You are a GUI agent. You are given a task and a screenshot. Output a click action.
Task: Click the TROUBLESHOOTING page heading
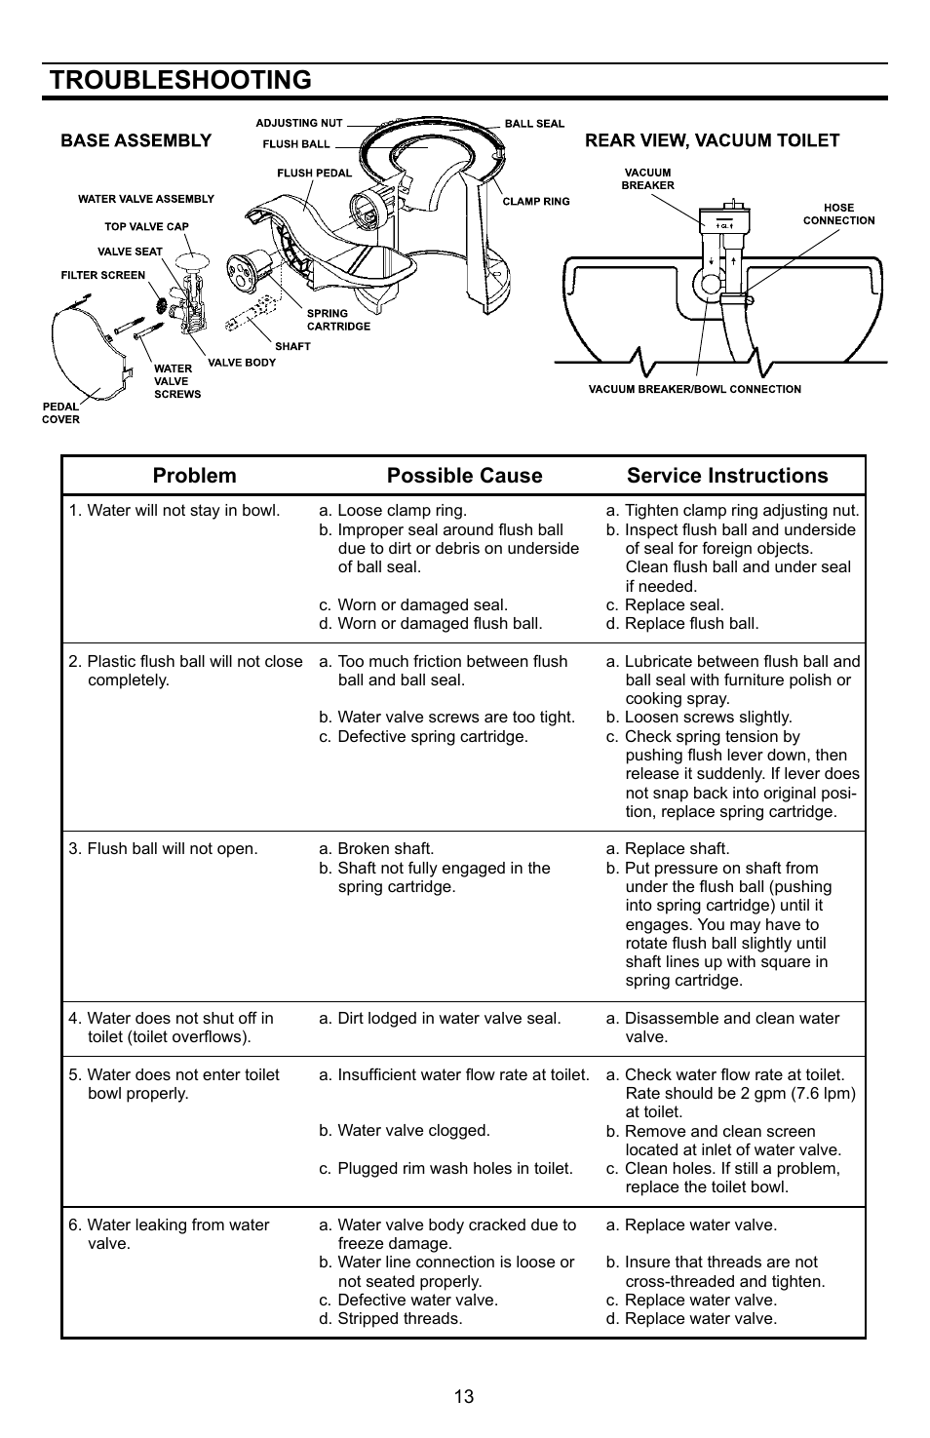[179, 80]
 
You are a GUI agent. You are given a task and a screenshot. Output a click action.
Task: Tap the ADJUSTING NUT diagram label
[299, 123]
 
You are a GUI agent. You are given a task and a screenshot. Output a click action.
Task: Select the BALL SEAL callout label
[534, 124]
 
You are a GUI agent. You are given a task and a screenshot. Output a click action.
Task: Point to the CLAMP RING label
[535, 202]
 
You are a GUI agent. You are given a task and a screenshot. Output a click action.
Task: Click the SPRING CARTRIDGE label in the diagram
[338, 320]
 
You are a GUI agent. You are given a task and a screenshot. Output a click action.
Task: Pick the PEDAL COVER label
[60, 413]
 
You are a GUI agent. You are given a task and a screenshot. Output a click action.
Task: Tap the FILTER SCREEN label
[102, 275]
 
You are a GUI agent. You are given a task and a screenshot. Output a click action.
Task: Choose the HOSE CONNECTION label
[838, 214]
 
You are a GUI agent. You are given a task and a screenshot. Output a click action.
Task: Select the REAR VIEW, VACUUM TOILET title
[712, 140]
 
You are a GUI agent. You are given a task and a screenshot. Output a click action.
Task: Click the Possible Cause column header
[464, 476]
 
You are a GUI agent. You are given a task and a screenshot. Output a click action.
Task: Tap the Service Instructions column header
[727, 476]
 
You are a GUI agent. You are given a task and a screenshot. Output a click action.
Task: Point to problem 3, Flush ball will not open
[164, 849]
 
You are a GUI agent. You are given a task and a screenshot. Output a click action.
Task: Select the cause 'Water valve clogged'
[405, 1131]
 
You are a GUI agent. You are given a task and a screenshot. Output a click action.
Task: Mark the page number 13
[463, 1396]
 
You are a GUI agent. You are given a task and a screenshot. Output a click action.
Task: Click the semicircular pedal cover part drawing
[88, 356]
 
